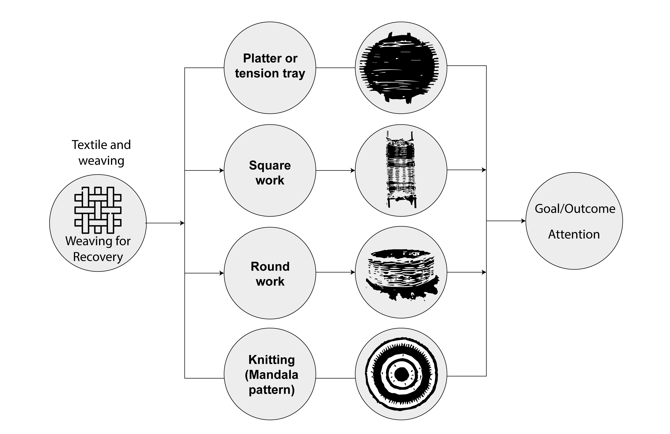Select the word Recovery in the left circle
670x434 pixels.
(x=98, y=257)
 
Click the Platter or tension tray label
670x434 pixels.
(x=270, y=66)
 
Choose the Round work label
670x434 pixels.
(x=270, y=274)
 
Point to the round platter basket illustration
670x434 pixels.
(x=401, y=68)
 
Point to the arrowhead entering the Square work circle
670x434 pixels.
(x=222, y=171)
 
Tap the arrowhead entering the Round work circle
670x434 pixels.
(x=222, y=273)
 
